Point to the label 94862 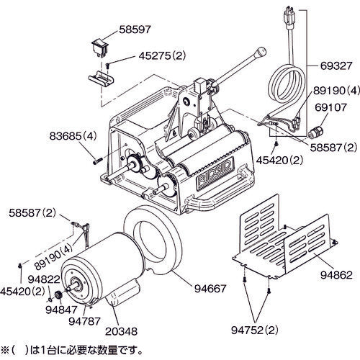(x=334, y=274)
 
